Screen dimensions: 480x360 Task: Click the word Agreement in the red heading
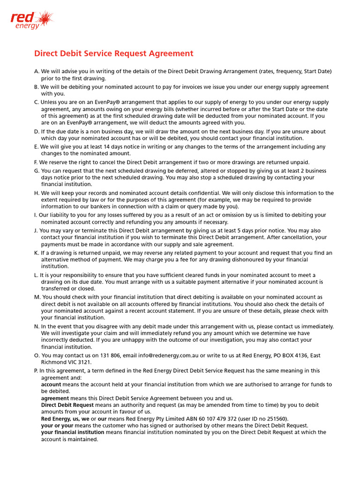tap(170, 53)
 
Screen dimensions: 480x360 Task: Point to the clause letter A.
tap(37, 71)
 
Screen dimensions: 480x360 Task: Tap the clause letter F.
tap(36, 162)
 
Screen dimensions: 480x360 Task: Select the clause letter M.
tap(37, 297)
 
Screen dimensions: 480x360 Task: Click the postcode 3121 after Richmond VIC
tap(85, 362)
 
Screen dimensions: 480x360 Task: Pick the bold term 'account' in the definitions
tap(51, 384)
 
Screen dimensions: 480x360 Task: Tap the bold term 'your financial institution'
tap(73, 432)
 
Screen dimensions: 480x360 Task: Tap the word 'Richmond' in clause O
tap(54, 362)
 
